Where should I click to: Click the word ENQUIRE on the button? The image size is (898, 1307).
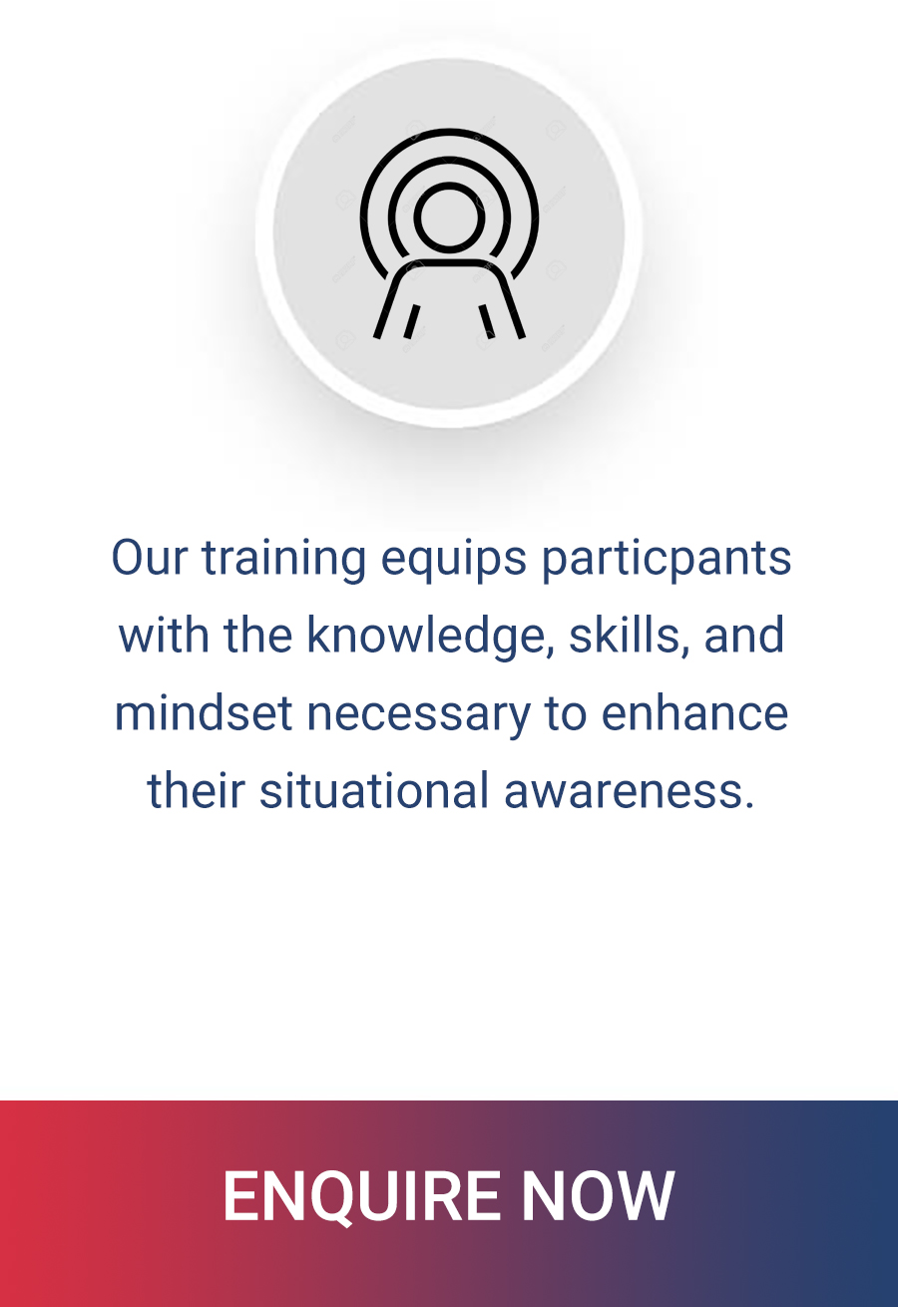(x=362, y=1195)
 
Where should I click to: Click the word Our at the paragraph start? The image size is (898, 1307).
(x=150, y=558)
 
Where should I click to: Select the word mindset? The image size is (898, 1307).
(x=204, y=713)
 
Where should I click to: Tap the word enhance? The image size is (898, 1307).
(x=694, y=713)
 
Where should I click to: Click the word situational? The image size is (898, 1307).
(x=374, y=791)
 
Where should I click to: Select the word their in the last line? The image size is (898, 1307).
(x=196, y=791)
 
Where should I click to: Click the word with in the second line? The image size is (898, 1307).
(x=164, y=635)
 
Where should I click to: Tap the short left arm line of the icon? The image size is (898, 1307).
(x=411, y=321)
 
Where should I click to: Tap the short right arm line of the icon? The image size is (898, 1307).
(x=487, y=321)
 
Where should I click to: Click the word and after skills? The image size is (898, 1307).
(x=744, y=635)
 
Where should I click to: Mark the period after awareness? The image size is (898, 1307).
(x=749, y=805)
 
